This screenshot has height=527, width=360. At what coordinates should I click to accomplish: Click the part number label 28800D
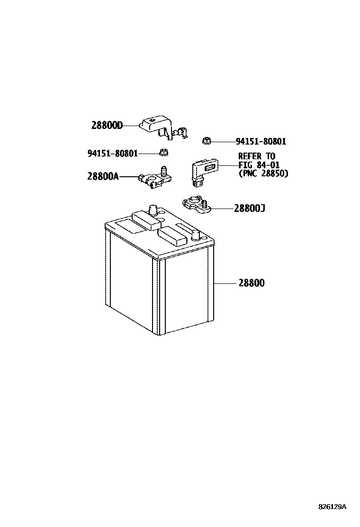point(107,126)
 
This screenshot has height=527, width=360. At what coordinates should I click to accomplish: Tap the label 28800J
point(249,208)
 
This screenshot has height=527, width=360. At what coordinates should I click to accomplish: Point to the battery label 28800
point(251,283)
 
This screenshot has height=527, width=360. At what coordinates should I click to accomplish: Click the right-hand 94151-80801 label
point(261,141)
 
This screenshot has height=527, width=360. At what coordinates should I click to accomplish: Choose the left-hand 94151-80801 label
point(112,153)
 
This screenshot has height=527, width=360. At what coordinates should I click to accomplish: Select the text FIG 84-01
point(259,165)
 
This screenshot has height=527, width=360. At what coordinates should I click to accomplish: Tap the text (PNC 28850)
point(263,173)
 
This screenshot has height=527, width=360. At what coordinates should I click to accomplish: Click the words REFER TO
point(256,156)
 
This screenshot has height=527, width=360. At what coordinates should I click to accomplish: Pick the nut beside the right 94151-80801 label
point(206,140)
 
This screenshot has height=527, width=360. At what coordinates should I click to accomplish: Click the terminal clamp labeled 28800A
point(151,180)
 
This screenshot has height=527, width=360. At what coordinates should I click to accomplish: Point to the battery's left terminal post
point(153,210)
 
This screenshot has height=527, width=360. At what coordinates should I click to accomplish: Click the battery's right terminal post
point(196,234)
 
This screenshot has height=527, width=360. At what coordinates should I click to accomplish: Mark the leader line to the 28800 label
point(225,283)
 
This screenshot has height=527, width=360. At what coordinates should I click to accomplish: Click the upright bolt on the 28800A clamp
point(164,171)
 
